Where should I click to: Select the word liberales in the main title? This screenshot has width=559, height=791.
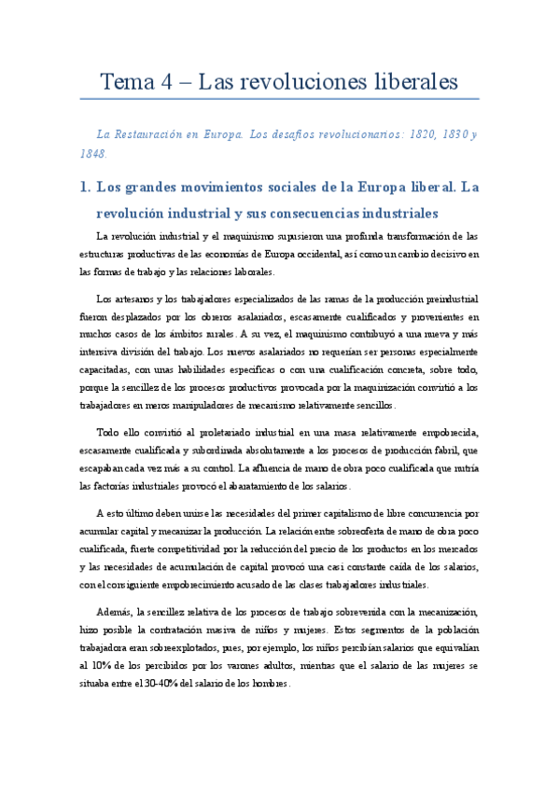(405, 82)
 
